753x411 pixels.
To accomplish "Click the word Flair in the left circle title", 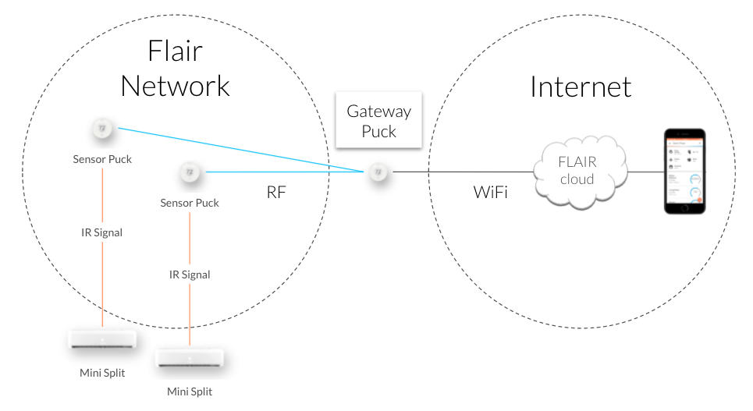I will click(x=175, y=51).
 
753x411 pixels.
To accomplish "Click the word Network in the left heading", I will click(x=175, y=85).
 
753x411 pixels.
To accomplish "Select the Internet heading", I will click(x=581, y=87).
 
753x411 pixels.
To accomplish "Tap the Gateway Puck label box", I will click(x=378, y=121).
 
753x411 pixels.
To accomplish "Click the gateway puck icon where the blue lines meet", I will click(x=378, y=172).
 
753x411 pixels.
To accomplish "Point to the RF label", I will click(x=276, y=192).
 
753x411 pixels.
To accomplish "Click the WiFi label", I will click(x=491, y=191).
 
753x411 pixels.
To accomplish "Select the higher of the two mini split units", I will click(x=102, y=340).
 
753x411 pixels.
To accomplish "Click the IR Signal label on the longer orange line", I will click(x=102, y=232).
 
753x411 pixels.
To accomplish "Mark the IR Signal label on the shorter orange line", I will click(x=190, y=275).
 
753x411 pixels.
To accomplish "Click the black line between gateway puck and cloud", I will click(x=460, y=172).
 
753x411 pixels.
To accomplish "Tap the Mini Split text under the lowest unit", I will click(x=190, y=391).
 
